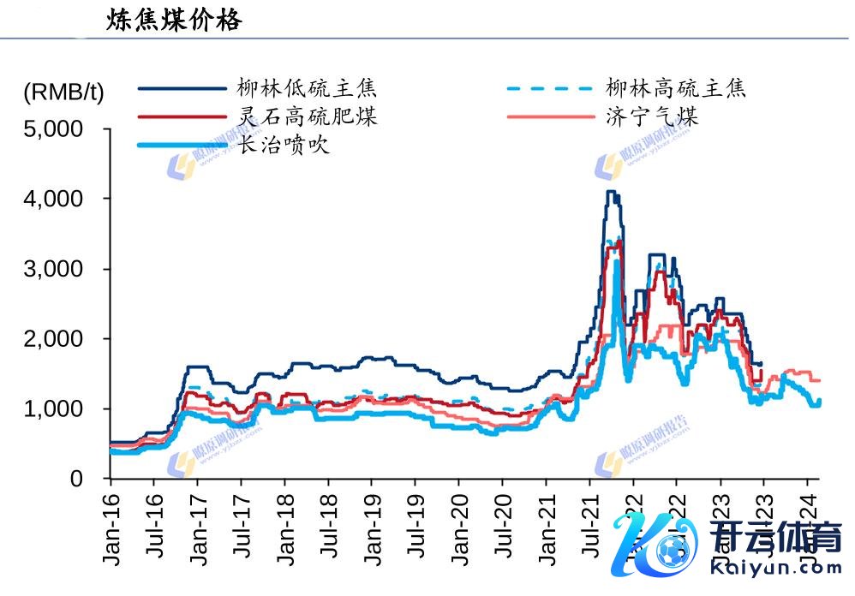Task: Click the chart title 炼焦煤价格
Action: click(x=174, y=20)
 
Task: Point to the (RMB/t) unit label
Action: click(x=63, y=92)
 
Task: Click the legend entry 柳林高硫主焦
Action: click(x=676, y=87)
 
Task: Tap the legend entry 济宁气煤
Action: click(x=651, y=116)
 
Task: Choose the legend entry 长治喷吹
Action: click(x=284, y=146)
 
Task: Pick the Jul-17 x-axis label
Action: click(x=242, y=527)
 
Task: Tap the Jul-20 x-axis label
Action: click(x=503, y=527)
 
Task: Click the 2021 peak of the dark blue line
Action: click(x=610, y=192)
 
